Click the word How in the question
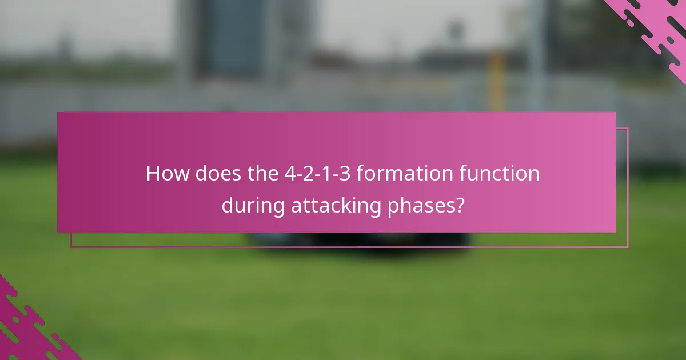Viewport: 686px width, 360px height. tap(167, 174)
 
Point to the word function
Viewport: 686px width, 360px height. tap(501, 174)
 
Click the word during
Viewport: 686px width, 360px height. tap(253, 206)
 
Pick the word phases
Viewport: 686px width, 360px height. tap(422, 206)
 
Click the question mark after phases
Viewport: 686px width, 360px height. tap(459, 206)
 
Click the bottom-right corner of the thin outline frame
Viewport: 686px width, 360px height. tap(628, 247)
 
